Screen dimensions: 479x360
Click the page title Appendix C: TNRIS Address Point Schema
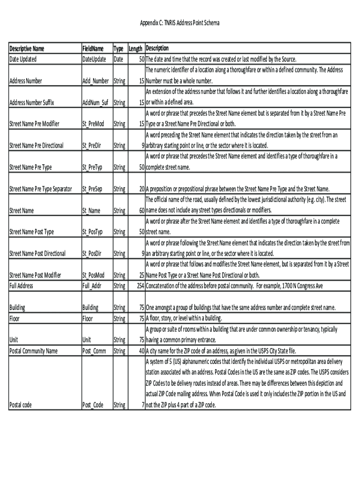coord(180,23)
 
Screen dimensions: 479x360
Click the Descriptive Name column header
coord(27,49)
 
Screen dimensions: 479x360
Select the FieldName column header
coord(93,49)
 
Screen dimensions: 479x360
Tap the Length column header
coord(136,49)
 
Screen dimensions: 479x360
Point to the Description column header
coord(157,49)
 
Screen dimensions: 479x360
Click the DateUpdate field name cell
coord(94,59)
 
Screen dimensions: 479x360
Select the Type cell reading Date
coord(118,59)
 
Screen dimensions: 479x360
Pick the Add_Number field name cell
coord(95,81)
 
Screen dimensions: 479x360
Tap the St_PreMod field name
coord(93,124)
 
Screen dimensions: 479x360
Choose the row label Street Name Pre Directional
coord(36,145)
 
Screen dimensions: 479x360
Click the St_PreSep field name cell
coord(92,189)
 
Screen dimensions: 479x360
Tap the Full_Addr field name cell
coord(92,285)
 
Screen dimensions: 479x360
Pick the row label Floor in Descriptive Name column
coord(15,319)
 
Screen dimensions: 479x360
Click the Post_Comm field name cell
coord(94,351)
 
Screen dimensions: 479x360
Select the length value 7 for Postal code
coord(142,405)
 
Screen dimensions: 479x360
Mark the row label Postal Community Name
coord(34,351)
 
